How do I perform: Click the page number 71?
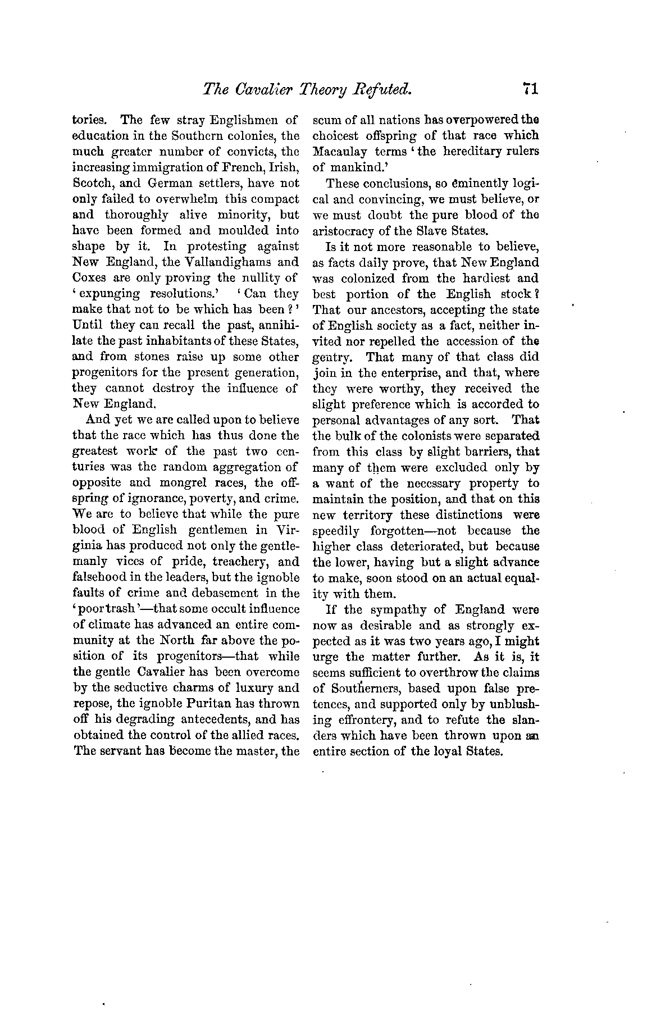click(530, 89)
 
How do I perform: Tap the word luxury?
click(253, 688)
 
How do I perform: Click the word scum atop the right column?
click(324, 120)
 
